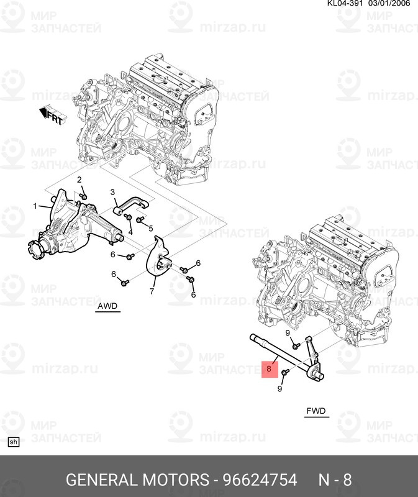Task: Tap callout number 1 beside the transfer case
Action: (35, 206)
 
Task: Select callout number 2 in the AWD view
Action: (80, 180)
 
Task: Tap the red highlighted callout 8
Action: (269, 369)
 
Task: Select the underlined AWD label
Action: (107, 307)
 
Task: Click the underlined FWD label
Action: (316, 411)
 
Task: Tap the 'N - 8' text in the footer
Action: (335, 480)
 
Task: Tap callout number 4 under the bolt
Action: (130, 232)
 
